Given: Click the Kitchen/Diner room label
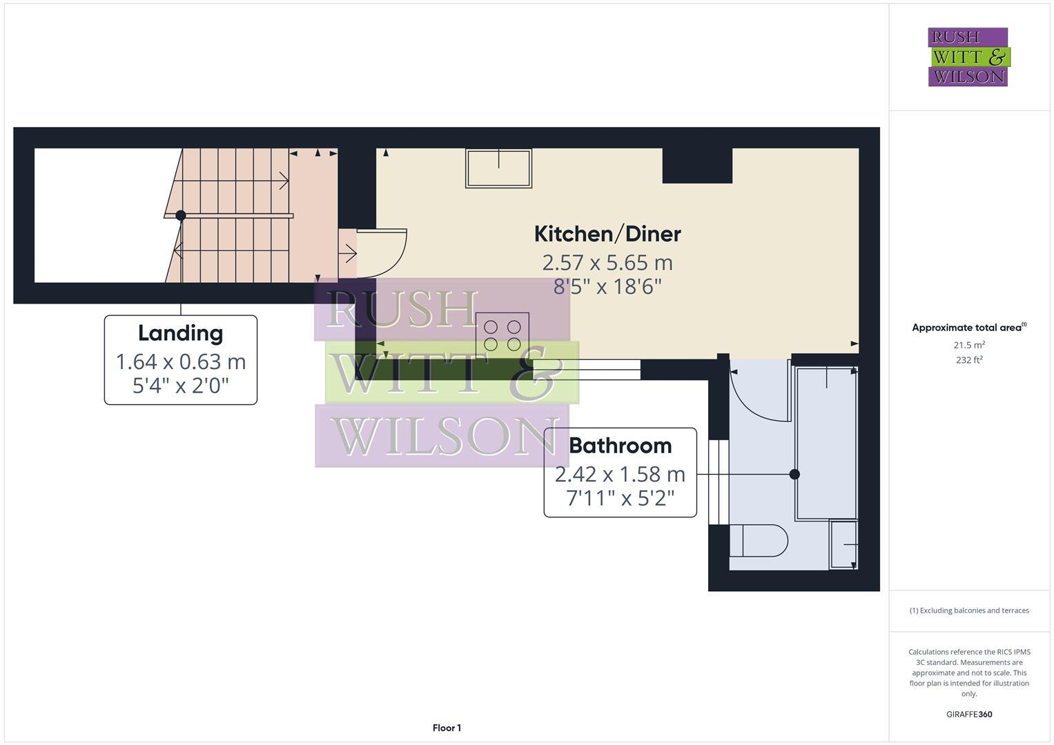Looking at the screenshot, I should (x=607, y=234).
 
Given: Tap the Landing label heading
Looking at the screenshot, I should (x=180, y=333).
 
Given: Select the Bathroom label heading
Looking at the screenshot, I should (x=620, y=446).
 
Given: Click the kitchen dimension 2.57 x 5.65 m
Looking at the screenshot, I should (x=607, y=263).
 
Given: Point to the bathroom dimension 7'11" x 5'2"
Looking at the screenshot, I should (x=620, y=497).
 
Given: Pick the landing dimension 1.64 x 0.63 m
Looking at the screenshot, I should (x=180, y=361).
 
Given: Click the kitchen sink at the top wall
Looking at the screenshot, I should (x=498, y=168).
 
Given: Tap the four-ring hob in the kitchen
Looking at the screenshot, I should (x=502, y=335).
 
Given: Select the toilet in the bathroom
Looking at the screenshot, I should (x=759, y=541).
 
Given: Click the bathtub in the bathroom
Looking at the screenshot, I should (x=826, y=444).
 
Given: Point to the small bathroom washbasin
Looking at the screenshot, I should (x=843, y=545).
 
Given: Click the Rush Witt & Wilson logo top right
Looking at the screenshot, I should (x=968, y=57).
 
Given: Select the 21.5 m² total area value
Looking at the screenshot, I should (x=969, y=344).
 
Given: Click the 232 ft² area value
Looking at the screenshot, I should (x=969, y=360).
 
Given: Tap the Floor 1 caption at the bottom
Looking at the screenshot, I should (x=447, y=728).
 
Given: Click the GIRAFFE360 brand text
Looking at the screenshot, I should (x=969, y=714).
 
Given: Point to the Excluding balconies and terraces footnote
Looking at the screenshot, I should (x=969, y=610).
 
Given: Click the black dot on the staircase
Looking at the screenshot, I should (x=181, y=215).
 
